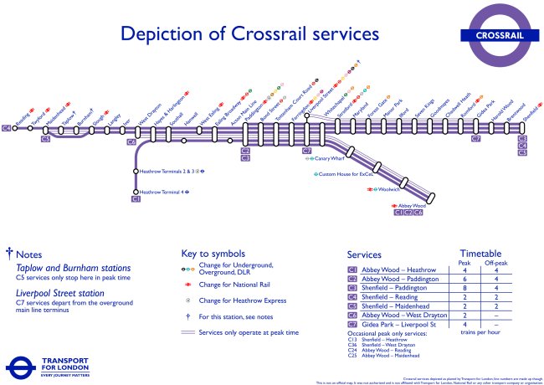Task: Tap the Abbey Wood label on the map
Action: click(411, 206)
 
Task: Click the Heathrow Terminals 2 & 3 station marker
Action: click(136, 172)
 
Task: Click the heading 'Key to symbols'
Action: click(213, 253)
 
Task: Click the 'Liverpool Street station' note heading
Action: click(60, 294)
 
